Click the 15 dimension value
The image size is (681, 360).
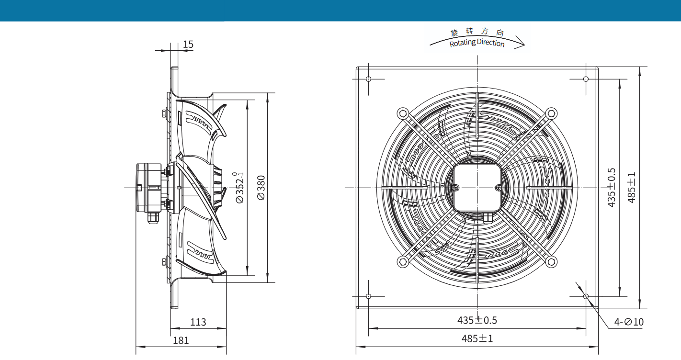point(188,45)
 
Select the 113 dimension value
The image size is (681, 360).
point(198,322)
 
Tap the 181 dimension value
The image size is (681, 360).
point(181,340)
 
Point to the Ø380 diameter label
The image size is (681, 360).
point(261,188)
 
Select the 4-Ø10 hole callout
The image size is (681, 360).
point(629,322)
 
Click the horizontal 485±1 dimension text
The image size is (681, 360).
point(477,338)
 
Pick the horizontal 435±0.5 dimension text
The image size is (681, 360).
point(477,320)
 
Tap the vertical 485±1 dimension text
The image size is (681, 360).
point(632,188)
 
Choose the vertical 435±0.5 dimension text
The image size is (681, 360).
point(612,188)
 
